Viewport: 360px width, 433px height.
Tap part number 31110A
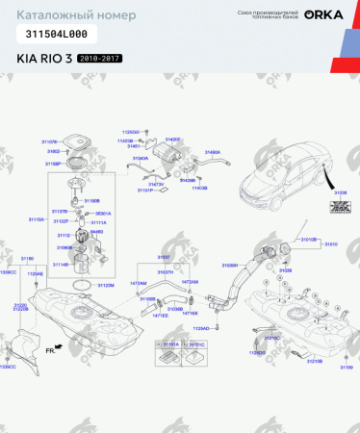(x=36, y=219)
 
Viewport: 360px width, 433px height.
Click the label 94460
(x=96, y=231)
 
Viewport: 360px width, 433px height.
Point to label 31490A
(x=212, y=151)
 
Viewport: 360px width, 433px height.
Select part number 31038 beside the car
(x=340, y=192)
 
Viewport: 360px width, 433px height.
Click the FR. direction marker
(x=52, y=351)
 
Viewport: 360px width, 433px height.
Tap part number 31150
(x=28, y=258)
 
